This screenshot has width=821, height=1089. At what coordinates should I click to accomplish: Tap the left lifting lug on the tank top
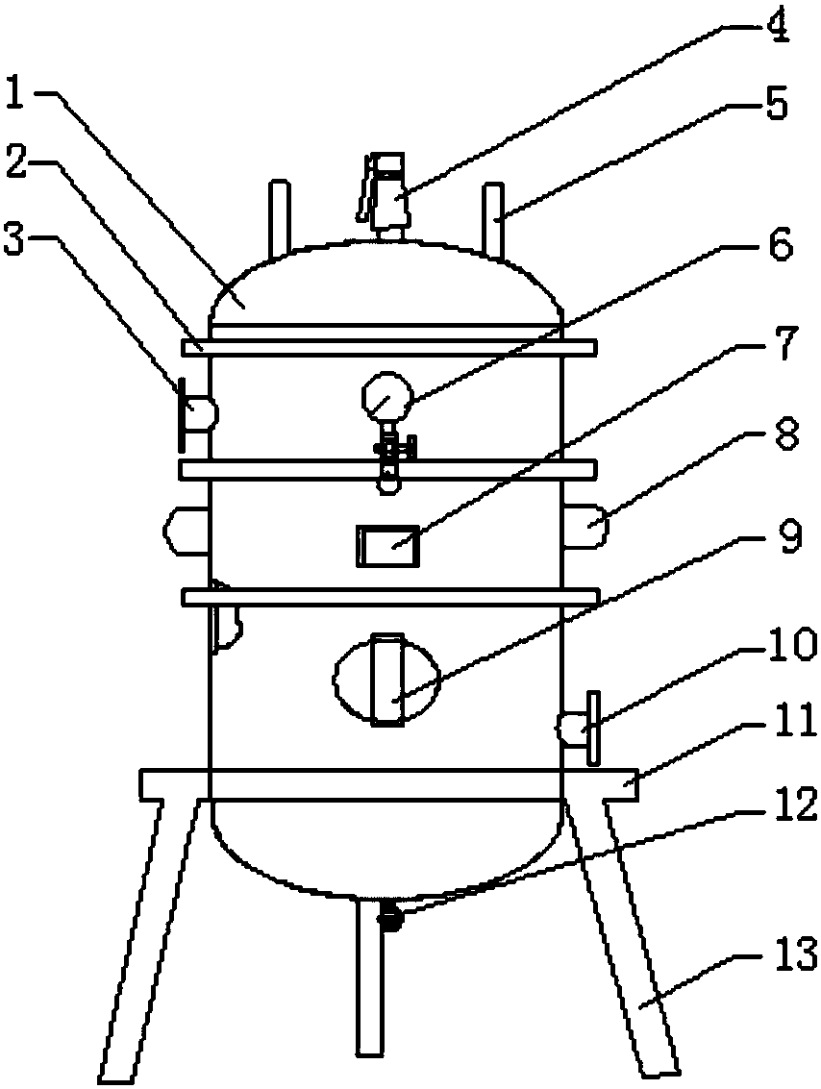point(278,217)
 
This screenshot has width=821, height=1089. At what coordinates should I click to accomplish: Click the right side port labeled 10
point(578,728)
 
